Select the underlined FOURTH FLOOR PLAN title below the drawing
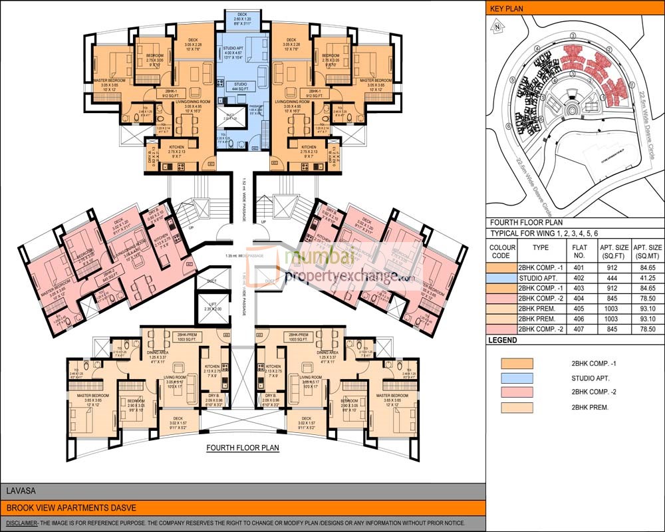click(x=243, y=448)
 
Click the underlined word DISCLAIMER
click(x=21, y=523)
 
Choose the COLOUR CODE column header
click(x=503, y=251)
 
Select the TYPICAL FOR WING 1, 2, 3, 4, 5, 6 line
click(x=544, y=234)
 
